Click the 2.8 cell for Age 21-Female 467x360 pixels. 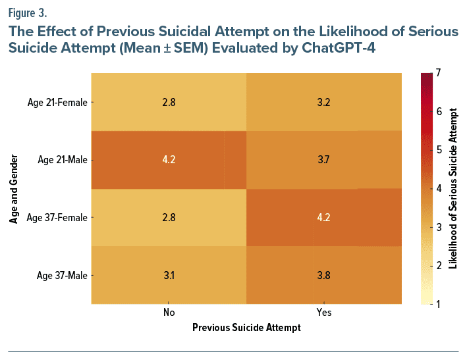[x=169, y=102]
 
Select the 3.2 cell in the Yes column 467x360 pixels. [x=325, y=102]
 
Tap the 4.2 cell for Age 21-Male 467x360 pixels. [x=169, y=160]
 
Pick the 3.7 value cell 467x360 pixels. [x=325, y=160]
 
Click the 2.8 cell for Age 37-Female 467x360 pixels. [x=169, y=217]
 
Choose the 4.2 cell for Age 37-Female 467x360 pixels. [x=325, y=217]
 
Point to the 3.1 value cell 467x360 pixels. [x=169, y=275]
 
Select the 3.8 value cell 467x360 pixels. [x=325, y=275]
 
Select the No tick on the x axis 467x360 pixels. [x=169, y=313]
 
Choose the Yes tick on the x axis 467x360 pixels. [x=325, y=313]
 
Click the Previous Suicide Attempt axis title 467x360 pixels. [x=246, y=327]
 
